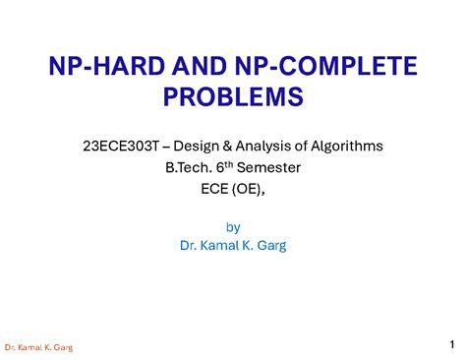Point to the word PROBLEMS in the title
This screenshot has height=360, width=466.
pyautogui.click(x=233, y=97)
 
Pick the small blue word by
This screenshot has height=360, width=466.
pyautogui.click(x=233, y=225)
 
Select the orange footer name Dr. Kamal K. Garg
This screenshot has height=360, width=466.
pyautogui.click(x=38, y=347)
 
